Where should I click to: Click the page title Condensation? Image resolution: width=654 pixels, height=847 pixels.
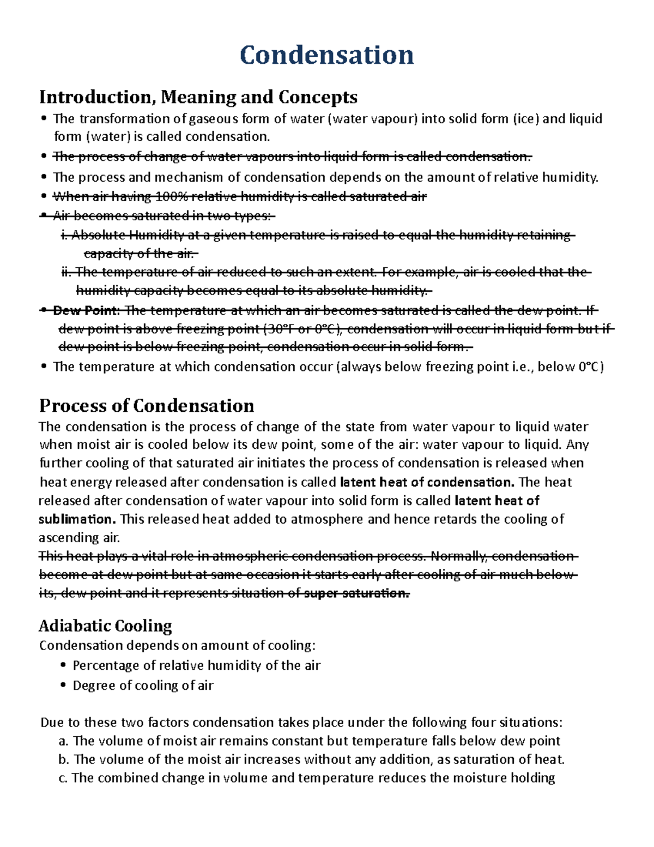(x=326, y=55)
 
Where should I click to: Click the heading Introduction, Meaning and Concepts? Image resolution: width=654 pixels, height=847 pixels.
(x=198, y=97)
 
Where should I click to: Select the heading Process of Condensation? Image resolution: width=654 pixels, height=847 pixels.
(x=147, y=406)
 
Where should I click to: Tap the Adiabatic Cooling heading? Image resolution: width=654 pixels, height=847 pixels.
(x=105, y=626)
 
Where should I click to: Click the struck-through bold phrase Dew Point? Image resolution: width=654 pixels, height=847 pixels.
(x=85, y=311)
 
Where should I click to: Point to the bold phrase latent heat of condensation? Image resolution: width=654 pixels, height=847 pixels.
(x=427, y=482)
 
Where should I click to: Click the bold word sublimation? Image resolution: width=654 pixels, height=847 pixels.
(x=77, y=519)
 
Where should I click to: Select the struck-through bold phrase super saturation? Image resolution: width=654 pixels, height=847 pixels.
(x=356, y=593)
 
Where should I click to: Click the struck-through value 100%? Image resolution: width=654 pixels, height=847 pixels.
(x=170, y=197)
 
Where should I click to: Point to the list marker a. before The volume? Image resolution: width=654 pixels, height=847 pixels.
(x=63, y=741)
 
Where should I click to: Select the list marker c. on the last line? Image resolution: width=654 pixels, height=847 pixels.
(x=63, y=778)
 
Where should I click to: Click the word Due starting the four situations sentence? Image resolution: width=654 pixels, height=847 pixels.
(x=52, y=723)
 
